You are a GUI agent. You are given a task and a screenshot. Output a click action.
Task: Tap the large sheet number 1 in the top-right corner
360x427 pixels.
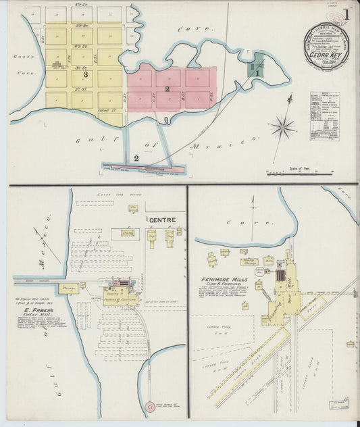click(346, 14)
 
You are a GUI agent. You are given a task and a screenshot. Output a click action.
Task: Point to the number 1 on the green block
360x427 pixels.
click(257, 72)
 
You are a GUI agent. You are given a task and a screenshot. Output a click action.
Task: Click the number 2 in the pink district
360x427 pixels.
click(167, 89)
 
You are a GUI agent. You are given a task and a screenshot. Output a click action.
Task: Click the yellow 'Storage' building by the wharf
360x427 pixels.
click(68, 287)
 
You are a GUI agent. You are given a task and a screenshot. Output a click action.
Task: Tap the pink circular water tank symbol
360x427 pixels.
click(150, 407)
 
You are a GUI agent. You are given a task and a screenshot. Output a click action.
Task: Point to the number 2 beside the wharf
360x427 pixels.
click(136, 158)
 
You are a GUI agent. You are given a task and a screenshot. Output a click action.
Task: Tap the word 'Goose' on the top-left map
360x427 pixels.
click(19, 57)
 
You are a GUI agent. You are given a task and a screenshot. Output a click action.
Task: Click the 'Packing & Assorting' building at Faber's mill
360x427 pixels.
click(120, 298)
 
